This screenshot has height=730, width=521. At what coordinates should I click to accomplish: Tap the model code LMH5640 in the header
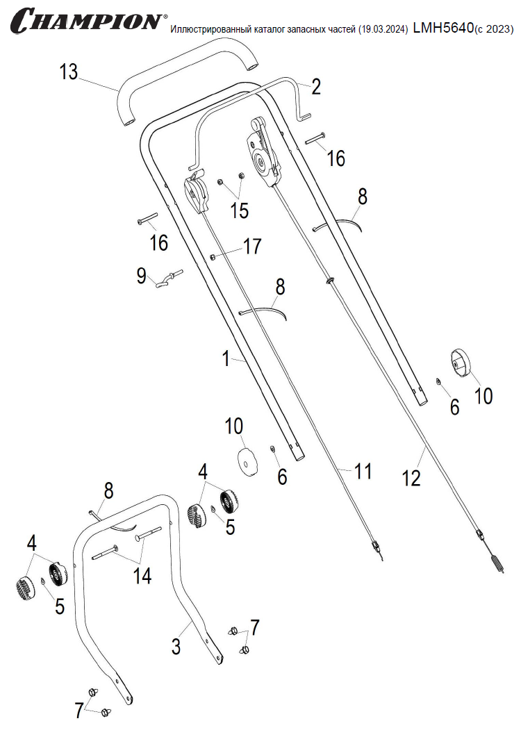(x=443, y=27)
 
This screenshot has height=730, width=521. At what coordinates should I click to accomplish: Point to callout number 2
(x=316, y=87)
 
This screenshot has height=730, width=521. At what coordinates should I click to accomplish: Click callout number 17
(x=251, y=246)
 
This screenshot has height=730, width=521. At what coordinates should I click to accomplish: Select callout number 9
(x=142, y=276)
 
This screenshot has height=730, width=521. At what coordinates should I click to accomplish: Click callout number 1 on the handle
(x=225, y=359)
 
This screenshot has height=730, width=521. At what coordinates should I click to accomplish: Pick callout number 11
(x=363, y=472)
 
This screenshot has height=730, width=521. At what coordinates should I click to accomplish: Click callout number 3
(x=176, y=647)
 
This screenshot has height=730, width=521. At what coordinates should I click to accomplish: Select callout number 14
(x=142, y=575)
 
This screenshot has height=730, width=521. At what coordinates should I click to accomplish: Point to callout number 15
(x=239, y=210)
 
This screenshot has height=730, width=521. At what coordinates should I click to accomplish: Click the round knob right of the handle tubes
(x=459, y=363)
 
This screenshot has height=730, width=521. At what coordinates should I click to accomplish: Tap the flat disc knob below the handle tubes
(x=247, y=461)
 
